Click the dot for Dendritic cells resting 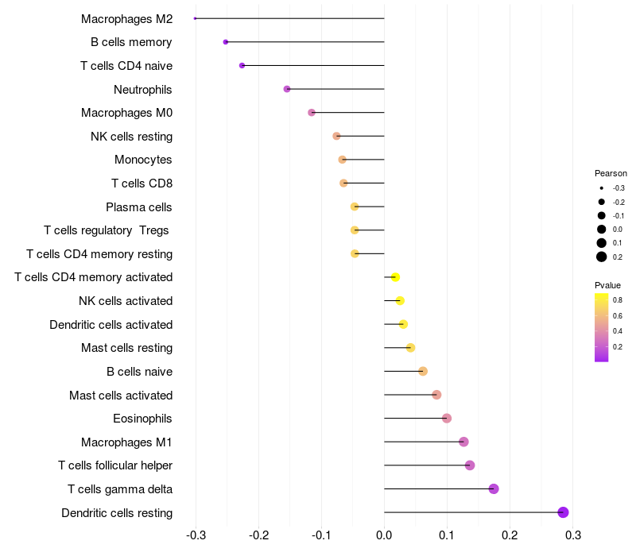(x=563, y=512)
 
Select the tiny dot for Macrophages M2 (x=195, y=18)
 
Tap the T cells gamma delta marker (x=494, y=488)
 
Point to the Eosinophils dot (x=447, y=418)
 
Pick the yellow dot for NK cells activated (x=400, y=300)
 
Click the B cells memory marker (x=226, y=42)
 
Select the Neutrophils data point (x=287, y=89)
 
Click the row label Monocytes (x=143, y=160)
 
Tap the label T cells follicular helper (x=115, y=465)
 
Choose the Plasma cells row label (x=139, y=207)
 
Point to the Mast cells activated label (x=121, y=395)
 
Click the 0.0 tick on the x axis (x=384, y=535)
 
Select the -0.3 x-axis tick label (x=196, y=535)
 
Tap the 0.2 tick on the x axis (x=510, y=535)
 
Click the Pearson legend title (x=611, y=173)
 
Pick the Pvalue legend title (x=607, y=285)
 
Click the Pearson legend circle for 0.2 (x=602, y=257)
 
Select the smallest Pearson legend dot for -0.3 (x=602, y=188)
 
